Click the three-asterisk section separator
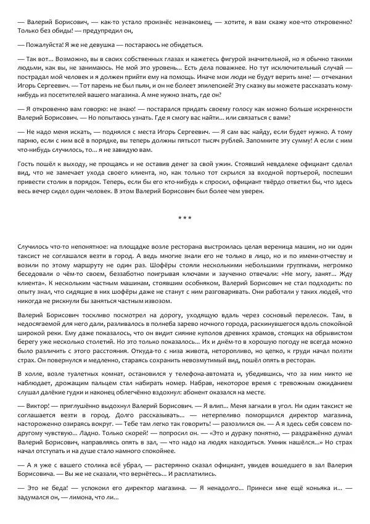tap(185, 218)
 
